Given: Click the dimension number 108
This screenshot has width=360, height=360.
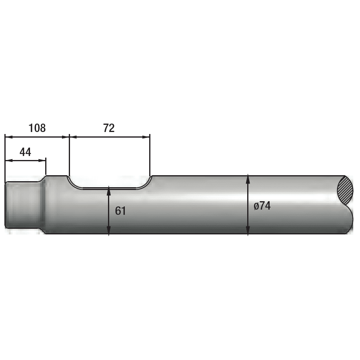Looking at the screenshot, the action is pyautogui.click(x=37, y=128).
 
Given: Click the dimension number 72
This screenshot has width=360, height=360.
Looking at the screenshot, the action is pyautogui.click(x=109, y=128).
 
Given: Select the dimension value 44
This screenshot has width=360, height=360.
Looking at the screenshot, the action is pyautogui.click(x=25, y=152).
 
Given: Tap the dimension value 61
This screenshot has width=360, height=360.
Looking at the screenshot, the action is pyautogui.click(x=120, y=211).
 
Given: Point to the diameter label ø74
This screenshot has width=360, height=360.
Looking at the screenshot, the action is pyautogui.click(x=262, y=206).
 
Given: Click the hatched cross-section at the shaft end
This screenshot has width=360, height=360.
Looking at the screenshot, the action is pyautogui.click(x=345, y=190).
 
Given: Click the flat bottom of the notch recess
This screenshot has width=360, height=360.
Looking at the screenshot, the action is pyautogui.click(x=109, y=189).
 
